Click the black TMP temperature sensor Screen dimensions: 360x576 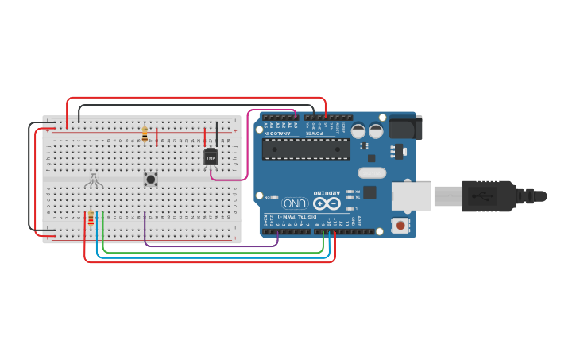point(211,157)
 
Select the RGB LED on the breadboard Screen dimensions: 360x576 point(93,181)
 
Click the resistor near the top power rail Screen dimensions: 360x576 point(145,134)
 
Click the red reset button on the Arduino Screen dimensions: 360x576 point(400,226)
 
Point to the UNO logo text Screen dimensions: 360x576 point(295,203)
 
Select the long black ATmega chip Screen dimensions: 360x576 point(306,149)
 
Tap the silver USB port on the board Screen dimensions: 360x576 point(411,196)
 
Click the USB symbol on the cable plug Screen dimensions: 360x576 point(481,195)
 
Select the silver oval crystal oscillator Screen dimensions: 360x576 point(371,173)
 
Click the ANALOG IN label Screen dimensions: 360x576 point(278,133)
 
